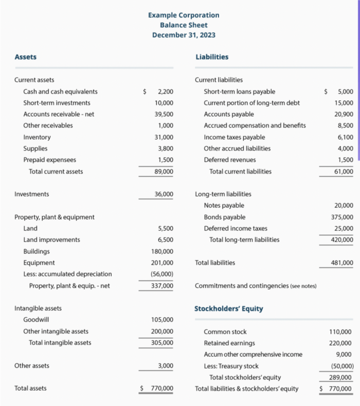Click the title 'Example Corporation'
click(x=184, y=15)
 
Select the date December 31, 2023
click(x=184, y=35)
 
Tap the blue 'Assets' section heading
click(x=25, y=57)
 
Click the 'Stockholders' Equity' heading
click(x=228, y=309)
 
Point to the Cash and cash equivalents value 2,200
click(x=165, y=91)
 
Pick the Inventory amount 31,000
click(x=164, y=137)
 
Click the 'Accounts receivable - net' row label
click(x=59, y=114)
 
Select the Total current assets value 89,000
click(x=164, y=172)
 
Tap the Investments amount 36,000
click(x=164, y=194)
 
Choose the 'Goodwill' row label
click(x=37, y=320)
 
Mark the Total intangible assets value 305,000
click(x=162, y=343)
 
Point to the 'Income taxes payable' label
click(x=235, y=137)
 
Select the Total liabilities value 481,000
click(x=342, y=263)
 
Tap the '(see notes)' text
click(x=303, y=286)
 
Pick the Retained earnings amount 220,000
click(x=340, y=343)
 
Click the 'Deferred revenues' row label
click(x=229, y=160)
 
